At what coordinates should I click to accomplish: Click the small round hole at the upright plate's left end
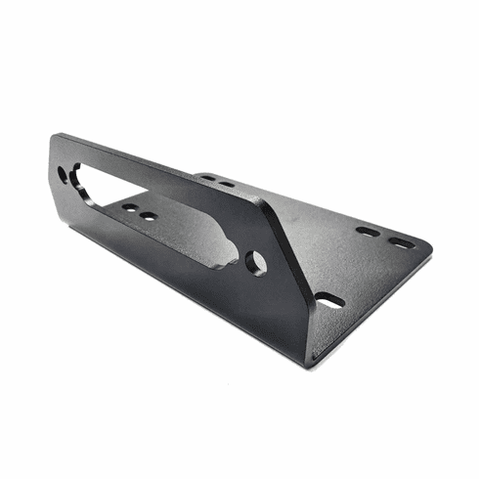pyautogui.click(x=64, y=176)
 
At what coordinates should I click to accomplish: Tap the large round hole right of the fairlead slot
pyautogui.click(x=256, y=262)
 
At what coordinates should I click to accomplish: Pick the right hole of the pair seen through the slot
pyautogui.click(x=148, y=216)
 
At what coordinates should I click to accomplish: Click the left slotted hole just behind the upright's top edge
pyautogui.click(x=208, y=178)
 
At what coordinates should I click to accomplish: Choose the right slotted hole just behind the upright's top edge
pyautogui.click(x=227, y=184)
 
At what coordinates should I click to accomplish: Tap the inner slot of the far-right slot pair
pyautogui.click(x=368, y=232)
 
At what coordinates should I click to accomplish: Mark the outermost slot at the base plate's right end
pyautogui.click(x=402, y=241)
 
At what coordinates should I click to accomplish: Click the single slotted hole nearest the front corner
pyautogui.click(x=330, y=300)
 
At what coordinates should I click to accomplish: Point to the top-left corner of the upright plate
pyautogui.click(x=56, y=137)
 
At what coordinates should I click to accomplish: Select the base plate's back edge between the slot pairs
pyautogui.click(x=293, y=200)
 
